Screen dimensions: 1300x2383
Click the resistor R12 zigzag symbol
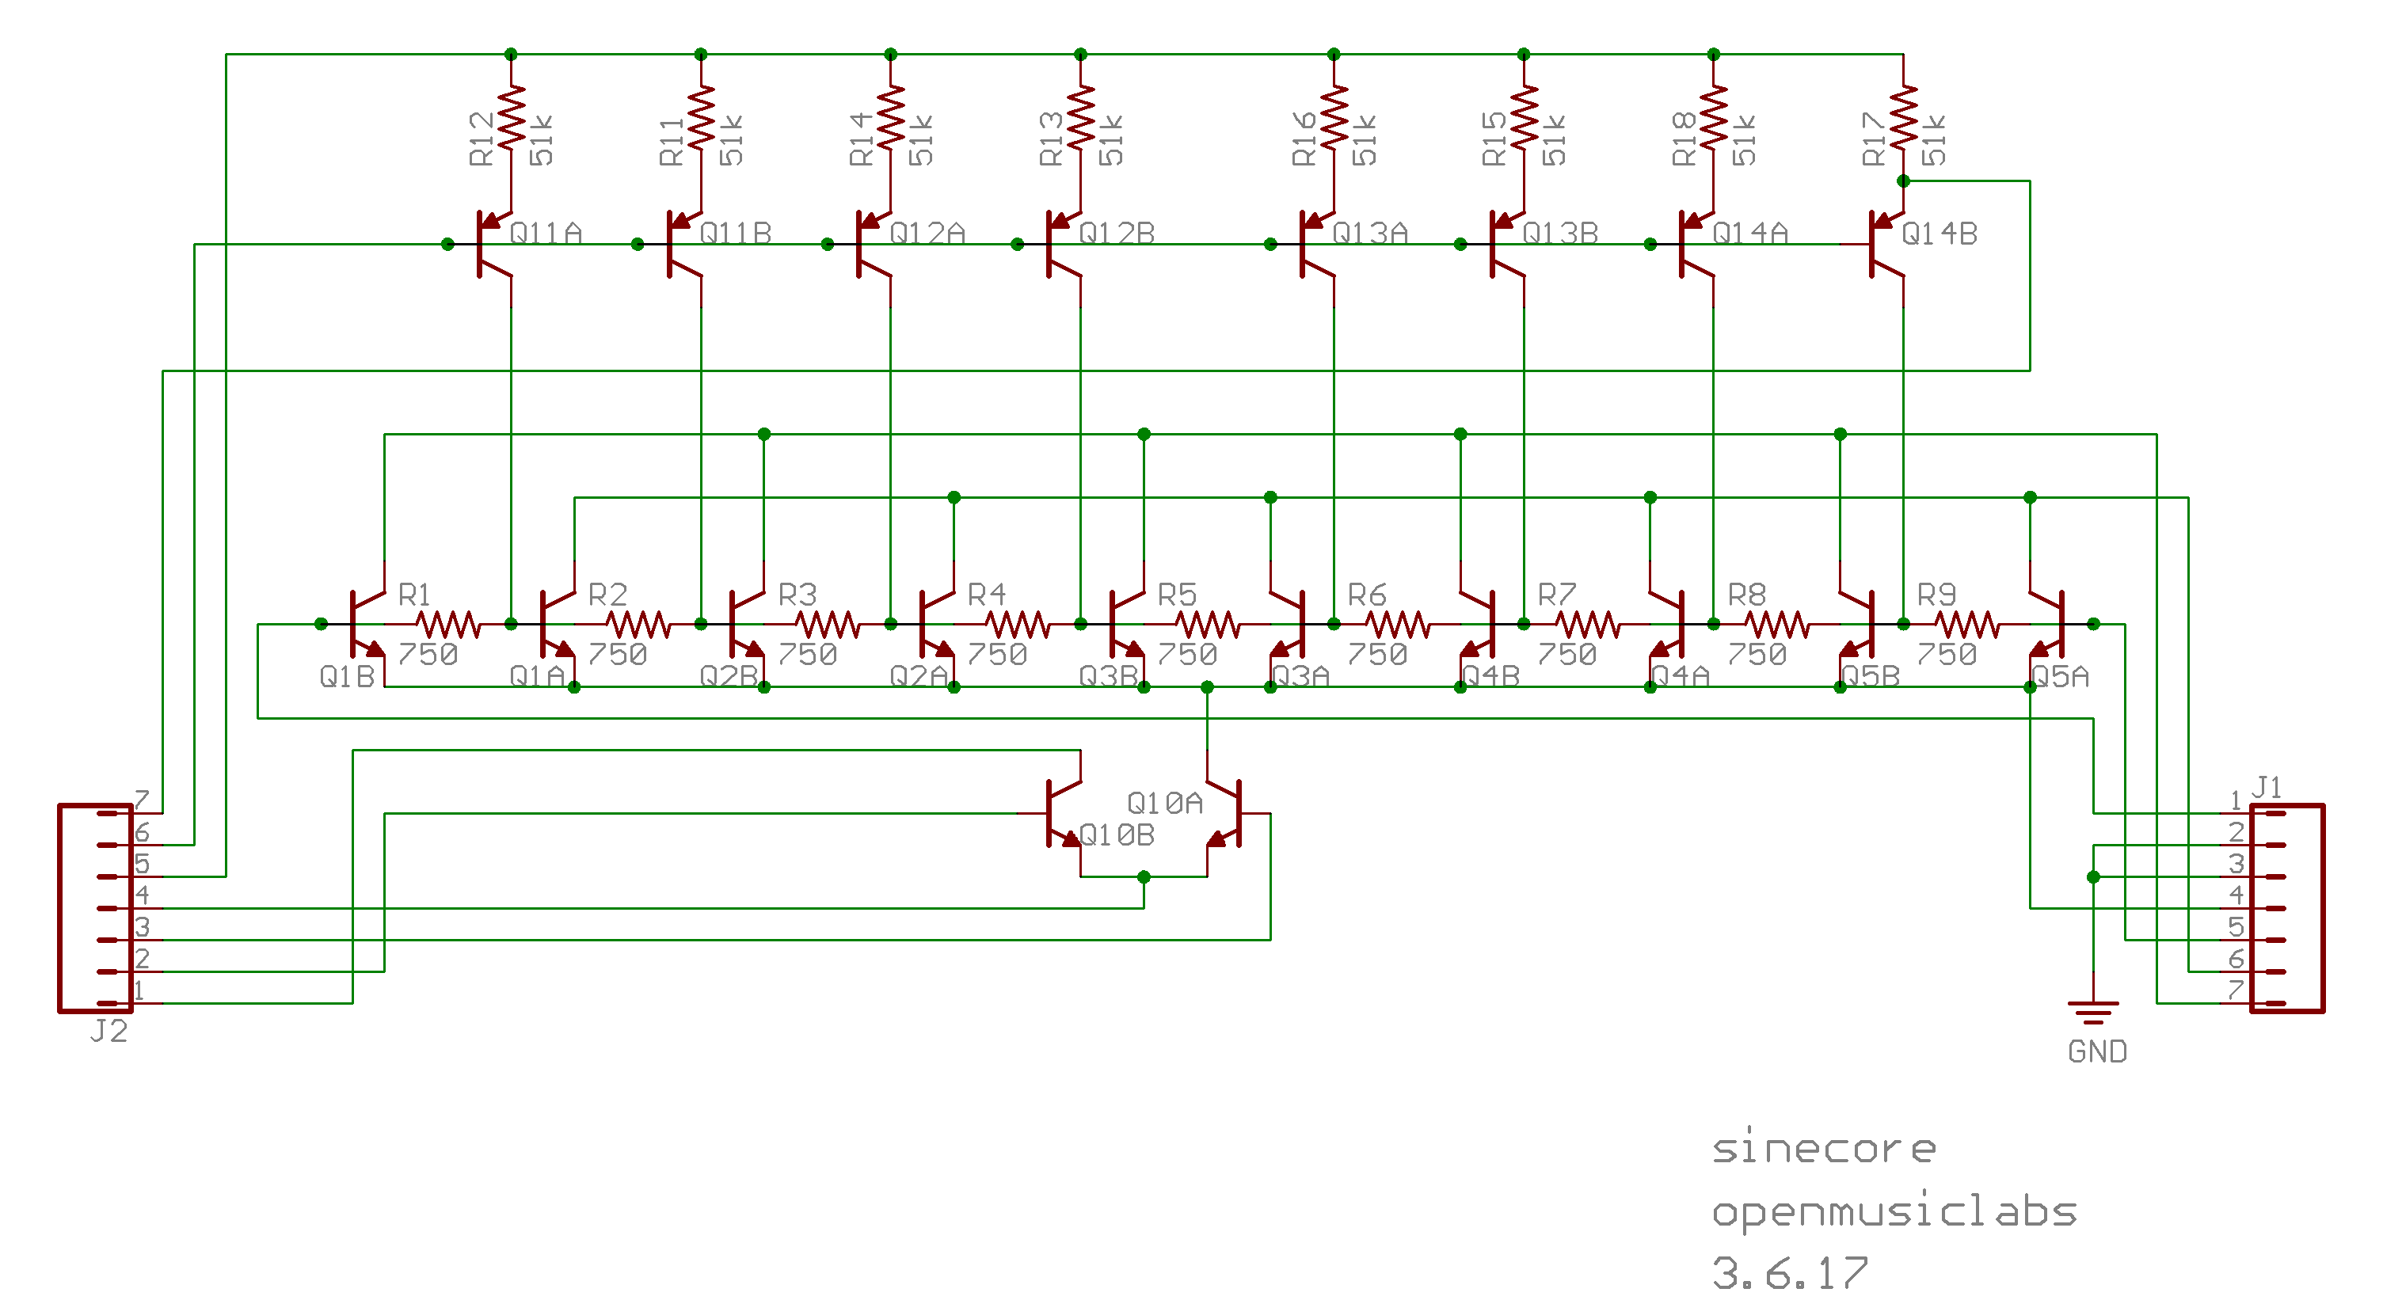click(511, 117)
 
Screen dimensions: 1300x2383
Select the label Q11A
click(546, 233)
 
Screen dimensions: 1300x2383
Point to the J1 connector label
click(2266, 787)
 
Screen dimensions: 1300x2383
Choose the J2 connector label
click(108, 1031)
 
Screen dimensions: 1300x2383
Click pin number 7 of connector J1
click(2236, 990)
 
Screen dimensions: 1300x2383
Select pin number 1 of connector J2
click(139, 990)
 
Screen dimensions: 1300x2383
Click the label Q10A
click(1165, 803)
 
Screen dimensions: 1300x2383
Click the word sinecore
click(1823, 1150)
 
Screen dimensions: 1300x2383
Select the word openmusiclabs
click(1894, 1211)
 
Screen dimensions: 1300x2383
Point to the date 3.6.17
click(1790, 1273)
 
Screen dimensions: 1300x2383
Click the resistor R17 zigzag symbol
click(1903, 117)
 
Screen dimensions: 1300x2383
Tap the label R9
click(1936, 594)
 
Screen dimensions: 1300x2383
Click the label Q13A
click(1369, 233)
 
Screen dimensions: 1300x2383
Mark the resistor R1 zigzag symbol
click(447, 625)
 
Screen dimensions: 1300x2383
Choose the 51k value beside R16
click(1365, 141)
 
